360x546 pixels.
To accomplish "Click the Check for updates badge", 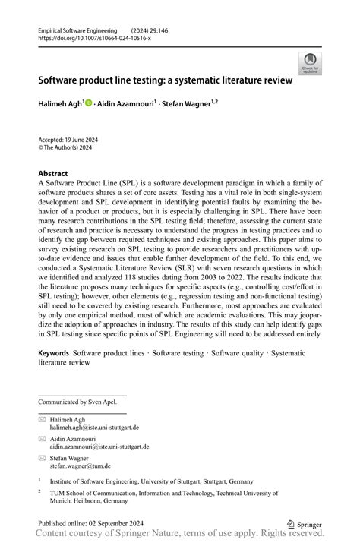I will coord(310,63).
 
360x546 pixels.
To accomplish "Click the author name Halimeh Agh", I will coord(62,103).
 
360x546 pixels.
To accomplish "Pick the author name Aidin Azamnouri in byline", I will coord(127,103).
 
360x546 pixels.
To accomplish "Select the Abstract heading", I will coord(52,173).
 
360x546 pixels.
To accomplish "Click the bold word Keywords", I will coord(53,353).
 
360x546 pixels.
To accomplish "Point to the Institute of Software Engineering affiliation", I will coord(151,481).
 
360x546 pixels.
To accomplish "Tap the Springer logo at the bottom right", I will coord(304,524).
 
